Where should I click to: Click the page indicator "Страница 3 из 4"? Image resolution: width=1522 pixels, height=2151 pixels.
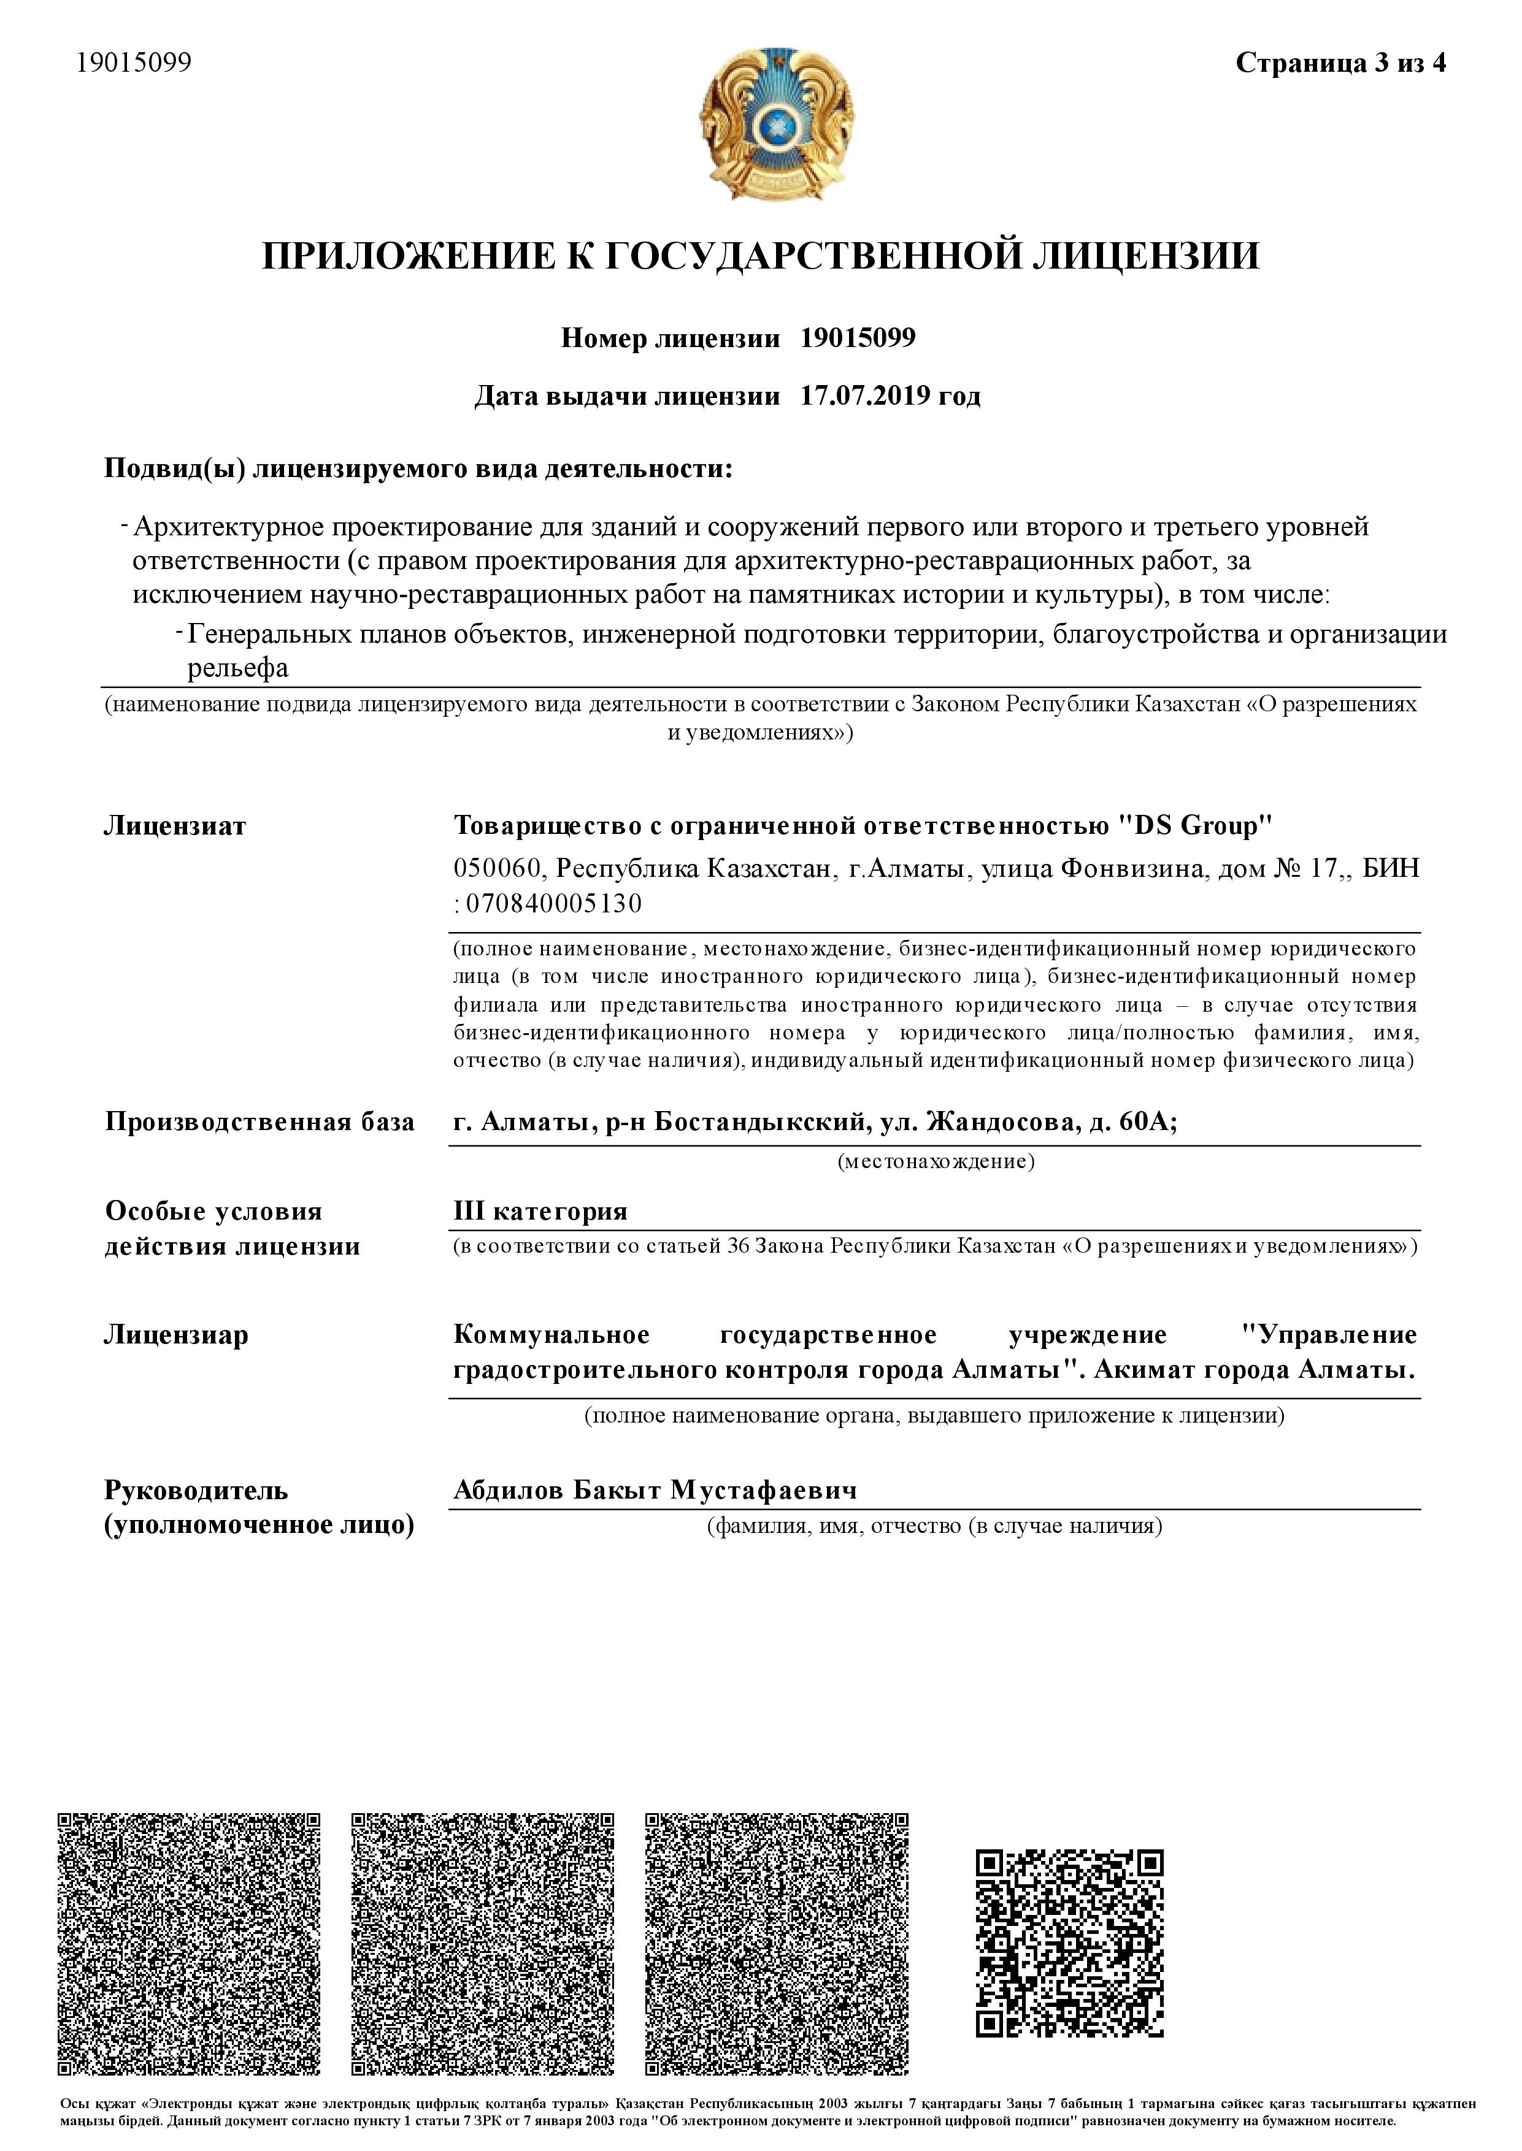[x=1340, y=63]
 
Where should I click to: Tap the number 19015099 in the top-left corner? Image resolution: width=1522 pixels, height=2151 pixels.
[x=134, y=63]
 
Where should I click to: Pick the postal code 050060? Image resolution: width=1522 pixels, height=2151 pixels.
[x=498, y=868]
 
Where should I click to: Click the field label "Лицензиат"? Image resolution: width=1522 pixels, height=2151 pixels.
[x=175, y=825]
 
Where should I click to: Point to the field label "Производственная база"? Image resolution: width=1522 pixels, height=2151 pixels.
[x=259, y=1121]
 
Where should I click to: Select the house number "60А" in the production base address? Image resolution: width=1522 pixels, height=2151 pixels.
[x=1142, y=1121]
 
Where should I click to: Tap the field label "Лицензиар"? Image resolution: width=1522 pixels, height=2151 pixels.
[x=176, y=1334]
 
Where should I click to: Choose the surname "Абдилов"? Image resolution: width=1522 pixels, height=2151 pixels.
[x=507, y=1489]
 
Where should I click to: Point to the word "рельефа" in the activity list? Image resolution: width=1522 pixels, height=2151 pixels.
[x=238, y=668]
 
